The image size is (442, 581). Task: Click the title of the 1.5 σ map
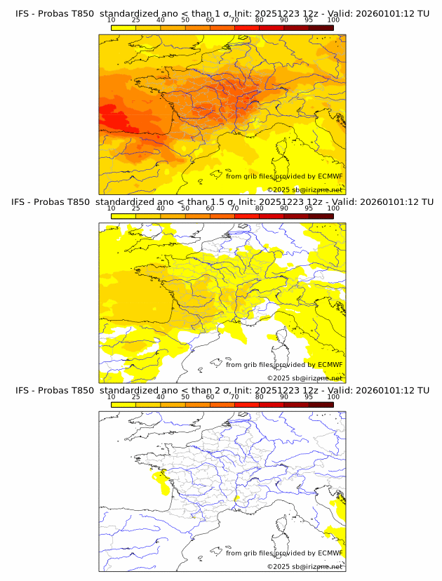click(222, 202)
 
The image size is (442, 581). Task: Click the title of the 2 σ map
click(222, 390)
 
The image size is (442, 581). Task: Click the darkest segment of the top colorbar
click(321, 28)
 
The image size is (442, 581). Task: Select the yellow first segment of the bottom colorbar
click(123, 404)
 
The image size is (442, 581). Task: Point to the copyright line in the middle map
click(305, 378)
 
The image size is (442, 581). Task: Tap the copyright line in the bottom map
click(305, 566)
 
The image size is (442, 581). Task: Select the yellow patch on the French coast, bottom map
click(159, 481)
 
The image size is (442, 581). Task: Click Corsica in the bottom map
click(283, 523)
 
